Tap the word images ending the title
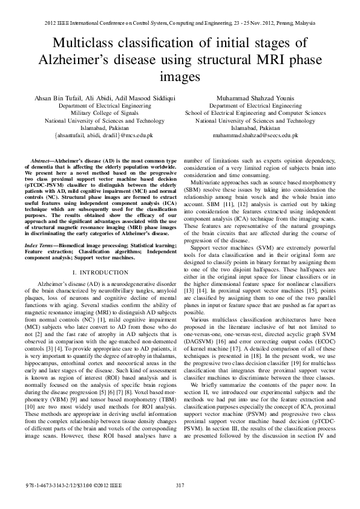tap(180, 77)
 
